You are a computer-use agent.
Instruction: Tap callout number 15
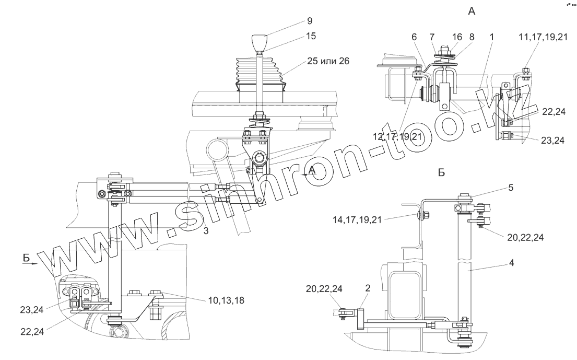[x=312, y=36]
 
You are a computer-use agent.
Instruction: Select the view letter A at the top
[x=472, y=11]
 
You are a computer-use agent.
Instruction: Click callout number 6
[x=415, y=38]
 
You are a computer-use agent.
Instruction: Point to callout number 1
[x=492, y=38]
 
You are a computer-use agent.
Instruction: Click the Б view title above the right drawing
[x=441, y=173]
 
